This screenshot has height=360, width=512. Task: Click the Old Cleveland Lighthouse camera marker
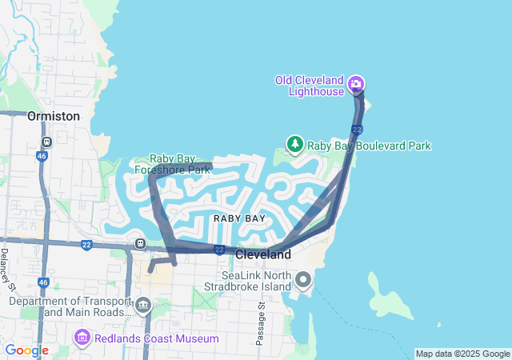(356, 83)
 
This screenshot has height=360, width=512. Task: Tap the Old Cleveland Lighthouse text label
(309, 86)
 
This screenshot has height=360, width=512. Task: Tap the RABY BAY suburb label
(239, 218)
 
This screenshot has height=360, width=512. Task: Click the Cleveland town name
(263, 254)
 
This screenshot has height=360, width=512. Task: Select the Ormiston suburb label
(54, 116)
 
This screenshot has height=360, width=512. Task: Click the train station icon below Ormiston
(46, 142)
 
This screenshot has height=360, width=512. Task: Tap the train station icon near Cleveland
(141, 243)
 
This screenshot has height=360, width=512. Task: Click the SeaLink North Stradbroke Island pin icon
(303, 280)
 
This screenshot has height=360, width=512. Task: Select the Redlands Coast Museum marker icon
(81, 338)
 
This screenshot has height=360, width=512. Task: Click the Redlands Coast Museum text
(156, 338)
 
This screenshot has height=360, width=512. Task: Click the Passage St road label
(261, 324)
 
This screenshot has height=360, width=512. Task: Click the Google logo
(26, 350)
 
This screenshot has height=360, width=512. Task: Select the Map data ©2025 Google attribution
(462, 354)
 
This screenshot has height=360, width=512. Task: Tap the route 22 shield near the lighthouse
(357, 129)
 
